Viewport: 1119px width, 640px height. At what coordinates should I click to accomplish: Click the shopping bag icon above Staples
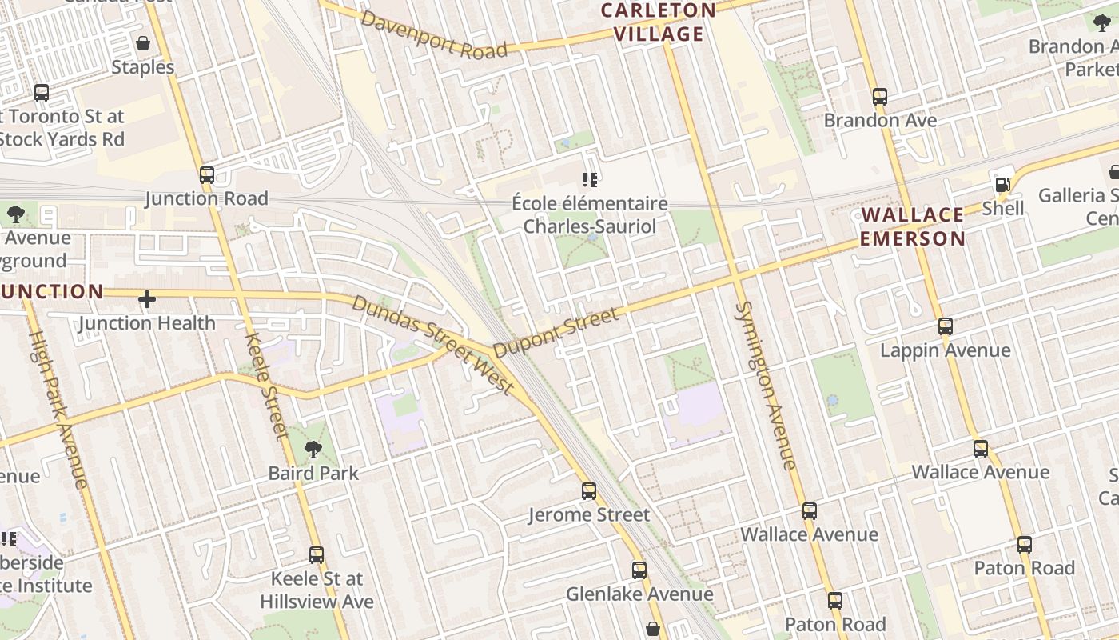tap(143, 43)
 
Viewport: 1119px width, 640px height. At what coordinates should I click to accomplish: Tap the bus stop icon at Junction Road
tap(207, 174)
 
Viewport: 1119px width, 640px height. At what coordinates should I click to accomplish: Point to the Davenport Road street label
tap(434, 34)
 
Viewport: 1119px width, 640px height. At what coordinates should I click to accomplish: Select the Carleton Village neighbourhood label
tap(658, 22)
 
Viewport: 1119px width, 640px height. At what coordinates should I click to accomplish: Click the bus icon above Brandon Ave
tap(880, 97)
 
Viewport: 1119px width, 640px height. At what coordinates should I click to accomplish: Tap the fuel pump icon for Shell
tap(1002, 185)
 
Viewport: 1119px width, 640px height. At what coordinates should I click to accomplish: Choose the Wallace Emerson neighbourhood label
tap(913, 226)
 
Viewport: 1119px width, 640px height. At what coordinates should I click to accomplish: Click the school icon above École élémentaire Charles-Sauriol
tap(590, 180)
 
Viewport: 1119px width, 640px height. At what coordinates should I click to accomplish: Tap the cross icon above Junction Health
tap(147, 299)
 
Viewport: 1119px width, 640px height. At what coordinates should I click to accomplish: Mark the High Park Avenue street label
tap(58, 409)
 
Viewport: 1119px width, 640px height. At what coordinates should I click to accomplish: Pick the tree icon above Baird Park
tap(313, 450)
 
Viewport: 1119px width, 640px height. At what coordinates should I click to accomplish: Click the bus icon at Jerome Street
tap(589, 491)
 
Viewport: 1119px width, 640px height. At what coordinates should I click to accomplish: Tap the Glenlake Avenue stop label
tap(639, 594)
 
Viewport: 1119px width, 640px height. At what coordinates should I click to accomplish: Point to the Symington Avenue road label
tap(765, 386)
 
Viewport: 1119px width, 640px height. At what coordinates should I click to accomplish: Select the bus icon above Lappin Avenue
tap(946, 326)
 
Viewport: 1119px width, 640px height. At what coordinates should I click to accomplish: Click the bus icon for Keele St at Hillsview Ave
tap(317, 555)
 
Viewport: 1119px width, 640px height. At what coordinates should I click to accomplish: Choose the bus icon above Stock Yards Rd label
tap(42, 93)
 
